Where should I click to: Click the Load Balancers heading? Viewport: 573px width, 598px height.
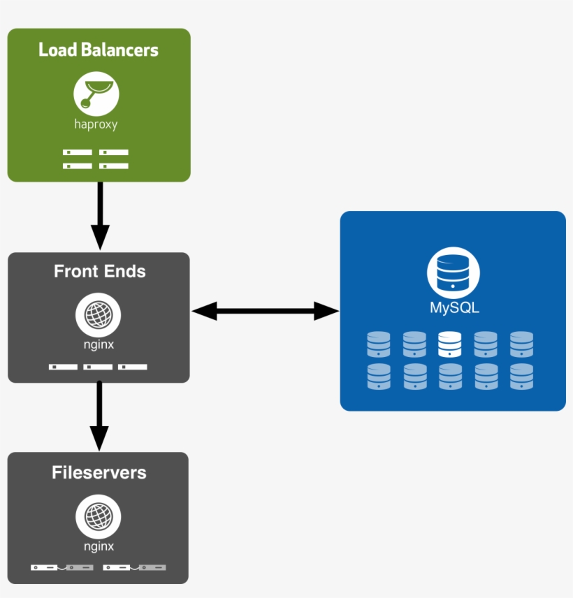coord(99,50)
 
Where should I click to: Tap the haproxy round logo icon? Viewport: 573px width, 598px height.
coord(96,94)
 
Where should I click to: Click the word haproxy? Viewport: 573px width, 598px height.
coord(96,125)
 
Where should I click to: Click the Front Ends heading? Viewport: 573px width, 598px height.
coord(100,271)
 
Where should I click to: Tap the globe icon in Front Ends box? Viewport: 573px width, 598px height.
coord(99,314)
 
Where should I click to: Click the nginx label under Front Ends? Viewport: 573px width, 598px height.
coord(99,344)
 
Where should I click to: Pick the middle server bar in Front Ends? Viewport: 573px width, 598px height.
coord(98,367)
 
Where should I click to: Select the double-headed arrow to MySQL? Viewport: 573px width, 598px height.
coord(265,312)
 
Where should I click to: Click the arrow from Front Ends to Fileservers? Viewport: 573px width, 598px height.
coord(99,416)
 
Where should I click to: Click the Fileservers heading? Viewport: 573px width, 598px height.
coord(99,473)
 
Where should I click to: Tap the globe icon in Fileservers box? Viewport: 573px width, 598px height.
coord(99,517)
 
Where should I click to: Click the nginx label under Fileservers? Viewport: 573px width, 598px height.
coord(99,547)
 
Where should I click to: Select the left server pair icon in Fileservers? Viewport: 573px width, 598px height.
coord(62,567)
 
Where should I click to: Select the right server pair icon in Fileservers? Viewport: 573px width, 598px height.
coord(135,567)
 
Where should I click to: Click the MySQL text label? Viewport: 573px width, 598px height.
coord(454,307)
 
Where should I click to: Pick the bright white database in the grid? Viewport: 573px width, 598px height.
coord(450,344)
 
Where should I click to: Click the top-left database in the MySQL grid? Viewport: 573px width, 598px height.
coord(379,344)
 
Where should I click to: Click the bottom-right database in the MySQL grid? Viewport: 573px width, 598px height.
coord(521,377)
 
